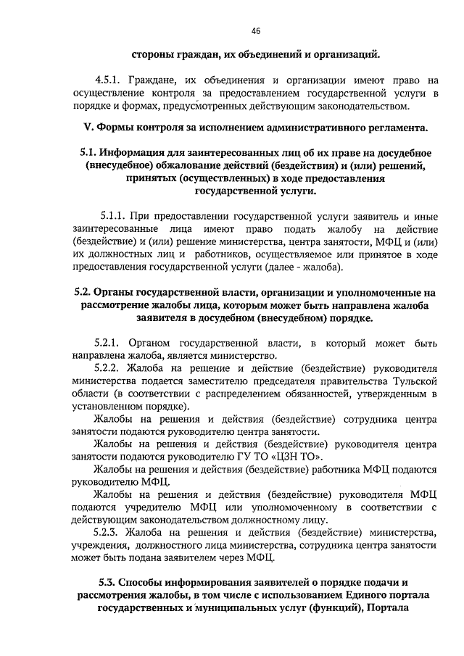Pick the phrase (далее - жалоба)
pyautogui.click(x=295, y=267)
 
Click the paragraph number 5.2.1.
pyautogui.click(x=109, y=342)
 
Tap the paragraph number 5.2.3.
pyautogui.click(x=109, y=532)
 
